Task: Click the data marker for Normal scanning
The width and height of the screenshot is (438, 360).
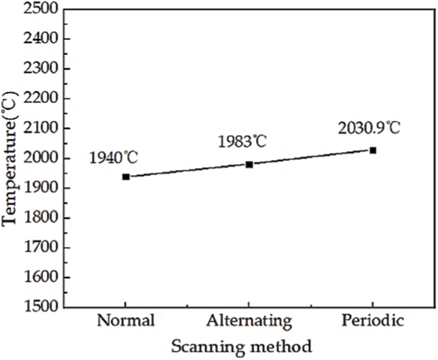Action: (x=126, y=176)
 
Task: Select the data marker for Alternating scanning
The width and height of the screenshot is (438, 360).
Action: (x=249, y=164)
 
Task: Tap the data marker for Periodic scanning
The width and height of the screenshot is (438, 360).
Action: (x=373, y=150)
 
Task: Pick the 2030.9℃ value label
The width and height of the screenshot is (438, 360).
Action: (x=369, y=128)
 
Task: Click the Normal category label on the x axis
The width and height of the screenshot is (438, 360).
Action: (x=126, y=321)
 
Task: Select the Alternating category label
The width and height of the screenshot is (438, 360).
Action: (x=249, y=321)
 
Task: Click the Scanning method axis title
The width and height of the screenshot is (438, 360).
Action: (x=241, y=347)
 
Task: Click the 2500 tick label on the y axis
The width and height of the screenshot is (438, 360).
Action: (x=38, y=9)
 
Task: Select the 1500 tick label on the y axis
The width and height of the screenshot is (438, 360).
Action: (x=38, y=307)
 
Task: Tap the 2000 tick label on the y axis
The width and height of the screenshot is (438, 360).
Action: (x=38, y=158)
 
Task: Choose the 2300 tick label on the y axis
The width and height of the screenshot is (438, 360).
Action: (x=38, y=68)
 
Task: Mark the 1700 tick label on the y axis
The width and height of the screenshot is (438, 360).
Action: (x=38, y=248)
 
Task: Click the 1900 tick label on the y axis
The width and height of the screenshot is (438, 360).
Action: (x=38, y=188)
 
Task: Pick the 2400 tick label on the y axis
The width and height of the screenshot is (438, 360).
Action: (x=38, y=39)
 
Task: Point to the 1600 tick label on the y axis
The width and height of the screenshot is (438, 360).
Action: (x=38, y=278)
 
